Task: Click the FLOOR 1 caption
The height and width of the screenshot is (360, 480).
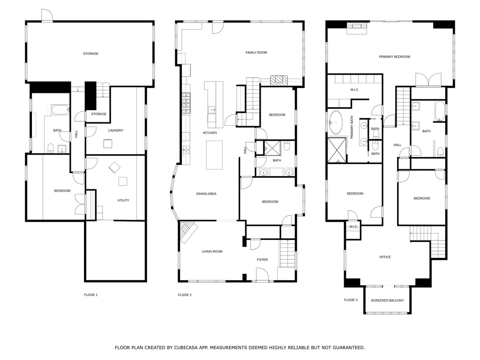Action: click(90, 295)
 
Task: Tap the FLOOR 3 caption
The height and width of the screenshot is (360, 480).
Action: click(351, 300)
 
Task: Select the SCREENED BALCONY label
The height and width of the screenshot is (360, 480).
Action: click(387, 300)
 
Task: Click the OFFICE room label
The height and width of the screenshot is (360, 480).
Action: click(385, 257)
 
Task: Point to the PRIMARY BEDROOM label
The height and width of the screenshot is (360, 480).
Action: click(394, 57)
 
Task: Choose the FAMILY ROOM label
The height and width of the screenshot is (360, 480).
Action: click(256, 52)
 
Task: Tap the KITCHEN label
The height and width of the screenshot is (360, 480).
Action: click(210, 133)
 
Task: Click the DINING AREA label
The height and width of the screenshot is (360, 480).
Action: click(206, 194)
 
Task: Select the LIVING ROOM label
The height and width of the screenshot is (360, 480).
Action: click(212, 252)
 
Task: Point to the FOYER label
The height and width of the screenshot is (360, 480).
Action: click(262, 259)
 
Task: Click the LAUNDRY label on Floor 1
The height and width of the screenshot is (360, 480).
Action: click(115, 130)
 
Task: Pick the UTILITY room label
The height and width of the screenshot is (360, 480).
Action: click(123, 201)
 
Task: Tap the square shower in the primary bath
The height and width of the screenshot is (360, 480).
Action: click(336, 150)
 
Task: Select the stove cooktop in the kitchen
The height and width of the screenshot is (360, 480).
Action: click(186, 104)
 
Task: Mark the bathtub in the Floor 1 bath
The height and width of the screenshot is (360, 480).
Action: click(60, 111)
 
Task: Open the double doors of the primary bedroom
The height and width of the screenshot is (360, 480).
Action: click(428, 80)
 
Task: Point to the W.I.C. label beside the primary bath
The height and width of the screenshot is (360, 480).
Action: click(354, 90)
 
